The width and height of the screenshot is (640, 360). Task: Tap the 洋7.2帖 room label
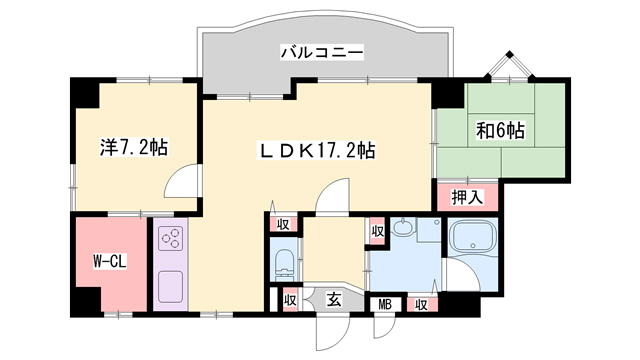[134, 146]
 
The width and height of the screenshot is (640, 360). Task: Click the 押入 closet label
[467, 197]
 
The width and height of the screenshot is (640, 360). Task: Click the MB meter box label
[385, 304]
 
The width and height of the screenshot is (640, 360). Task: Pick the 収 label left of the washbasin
[377, 231]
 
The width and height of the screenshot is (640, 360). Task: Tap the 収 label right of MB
[422, 304]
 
